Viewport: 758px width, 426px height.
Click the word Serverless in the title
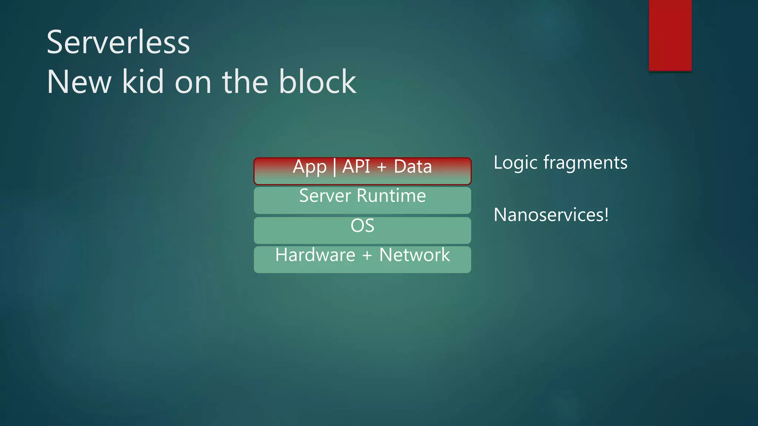pos(118,43)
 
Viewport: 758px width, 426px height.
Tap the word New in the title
pos(79,82)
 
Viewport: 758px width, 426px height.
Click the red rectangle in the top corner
pos(670,35)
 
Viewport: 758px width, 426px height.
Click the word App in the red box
pos(309,167)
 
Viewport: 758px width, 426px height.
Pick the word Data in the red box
pos(413,166)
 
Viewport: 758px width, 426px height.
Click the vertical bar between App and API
pos(335,167)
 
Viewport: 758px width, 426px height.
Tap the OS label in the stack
pos(362,226)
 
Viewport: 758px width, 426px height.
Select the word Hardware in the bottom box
pos(315,255)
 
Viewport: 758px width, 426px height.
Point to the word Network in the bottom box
pos(415,255)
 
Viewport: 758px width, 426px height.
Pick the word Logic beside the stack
pos(516,163)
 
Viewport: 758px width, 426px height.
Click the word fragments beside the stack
pos(585,163)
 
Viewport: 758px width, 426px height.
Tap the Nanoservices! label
pos(551,215)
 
